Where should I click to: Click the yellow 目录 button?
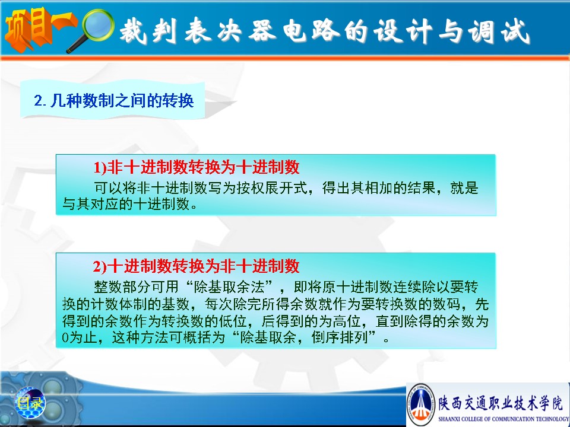[x=30, y=403]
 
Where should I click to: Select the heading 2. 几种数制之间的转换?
[x=114, y=101]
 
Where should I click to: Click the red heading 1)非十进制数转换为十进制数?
[x=197, y=167]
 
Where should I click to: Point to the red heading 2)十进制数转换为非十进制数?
[x=197, y=266]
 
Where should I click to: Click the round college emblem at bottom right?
[x=421, y=404]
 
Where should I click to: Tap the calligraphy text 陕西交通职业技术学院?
[x=501, y=403]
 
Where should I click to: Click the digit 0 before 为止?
[x=65, y=338]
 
